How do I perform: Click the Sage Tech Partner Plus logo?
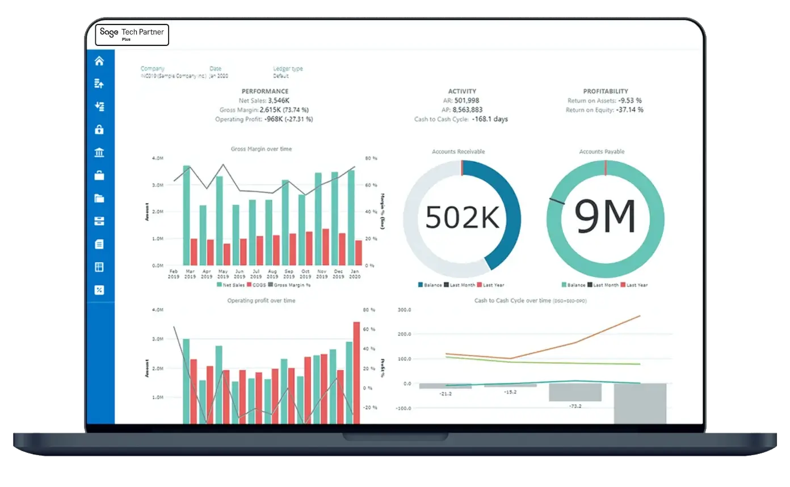pos(132,35)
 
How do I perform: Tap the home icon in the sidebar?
pos(99,61)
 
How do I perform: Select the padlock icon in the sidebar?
pos(99,129)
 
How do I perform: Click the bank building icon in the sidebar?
pos(99,153)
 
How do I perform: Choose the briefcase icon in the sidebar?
pos(99,175)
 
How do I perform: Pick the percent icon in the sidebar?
pos(99,290)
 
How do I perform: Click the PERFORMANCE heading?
pos(265,91)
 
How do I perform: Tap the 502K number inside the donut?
pos(463,217)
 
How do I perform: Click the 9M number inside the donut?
pos(605,217)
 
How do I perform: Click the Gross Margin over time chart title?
pos(262,149)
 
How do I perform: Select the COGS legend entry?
pos(255,285)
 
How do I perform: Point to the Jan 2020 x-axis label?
pos(355,274)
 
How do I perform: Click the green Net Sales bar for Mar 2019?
pos(186,216)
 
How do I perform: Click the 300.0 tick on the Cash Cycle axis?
pos(404,310)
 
